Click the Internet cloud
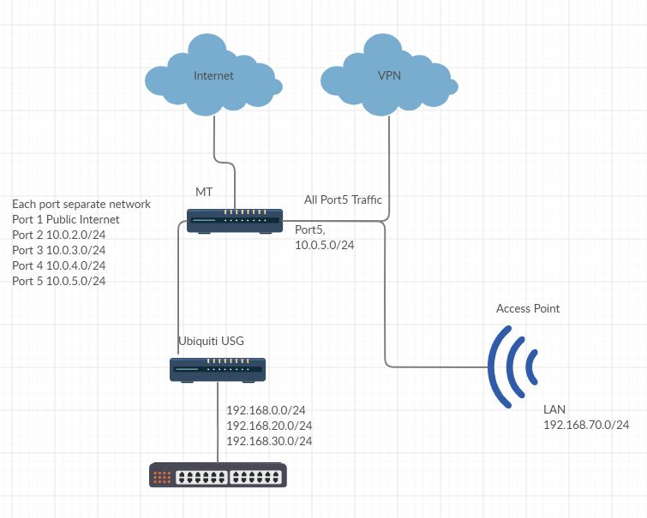[x=213, y=75]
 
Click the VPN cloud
[x=389, y=75]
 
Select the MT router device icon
[x=235, y=220]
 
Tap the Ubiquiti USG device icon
[x=217, y=369]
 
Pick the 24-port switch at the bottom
[x=218, y=475]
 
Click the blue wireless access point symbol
[x=512, y=366]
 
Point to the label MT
[x=204, y=192]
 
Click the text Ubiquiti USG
[x=211, y=341]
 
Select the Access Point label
[x=528, y=308]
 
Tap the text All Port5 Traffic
[x=343, y=200]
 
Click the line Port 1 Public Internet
[x=66, y=219]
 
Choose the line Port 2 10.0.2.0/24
[x=59, y=235]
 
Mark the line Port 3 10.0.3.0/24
[x=59, y=250]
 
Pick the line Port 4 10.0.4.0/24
[x=59, y=265]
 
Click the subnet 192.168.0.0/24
[x=266, y=410]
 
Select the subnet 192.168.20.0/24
[x=269, y=426]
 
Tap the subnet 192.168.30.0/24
[x=269, y=441]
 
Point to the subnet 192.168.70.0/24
[x=586, y=425]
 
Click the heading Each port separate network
[x=81, y=204]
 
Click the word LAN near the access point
[x=554, y=409]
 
